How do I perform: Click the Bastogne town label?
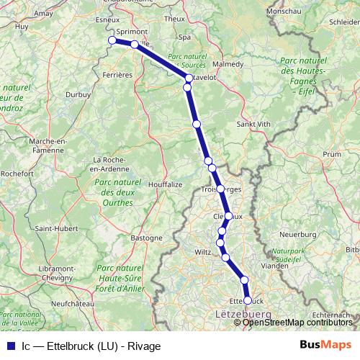[146, 237]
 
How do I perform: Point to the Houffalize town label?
[164, 184]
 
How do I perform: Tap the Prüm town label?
[332, 154]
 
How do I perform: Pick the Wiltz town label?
[204, 251]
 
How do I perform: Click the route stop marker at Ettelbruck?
[248, 300]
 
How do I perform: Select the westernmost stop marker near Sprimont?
[112, 40]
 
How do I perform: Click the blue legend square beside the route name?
[10, 346]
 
